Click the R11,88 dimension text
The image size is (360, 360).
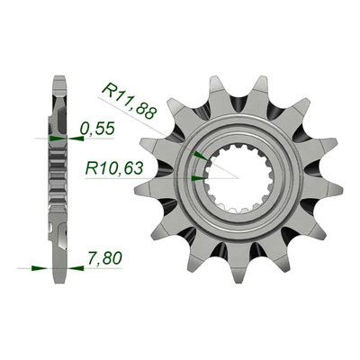(x=130, y=101)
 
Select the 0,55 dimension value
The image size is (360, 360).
(x=97, y=129)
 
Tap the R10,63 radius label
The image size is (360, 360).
(x=114, y=168)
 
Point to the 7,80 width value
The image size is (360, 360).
(x=104, y=258)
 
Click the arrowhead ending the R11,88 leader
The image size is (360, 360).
(x=201, y=156)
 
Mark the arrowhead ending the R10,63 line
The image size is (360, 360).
(x=199, y=178)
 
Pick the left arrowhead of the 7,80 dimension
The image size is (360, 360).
(x=40, y=268)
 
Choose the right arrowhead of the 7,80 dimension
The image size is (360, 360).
(x=76, y=268)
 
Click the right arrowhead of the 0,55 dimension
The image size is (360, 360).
(x=76, y=139)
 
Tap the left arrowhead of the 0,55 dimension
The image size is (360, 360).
(x=57, y=139)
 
